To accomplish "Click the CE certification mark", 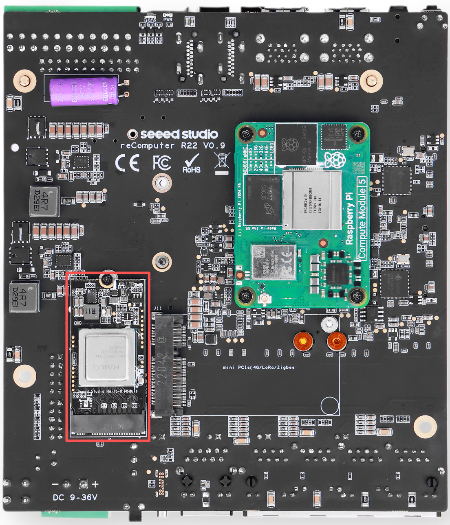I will [127, 163].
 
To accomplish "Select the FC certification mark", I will [161, 163].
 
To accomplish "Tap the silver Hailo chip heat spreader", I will [107, 357].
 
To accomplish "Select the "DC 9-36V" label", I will [75, 497].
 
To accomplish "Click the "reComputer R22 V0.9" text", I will [172, 146].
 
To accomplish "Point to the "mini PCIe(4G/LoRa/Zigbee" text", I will [258, 367].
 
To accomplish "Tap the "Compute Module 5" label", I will [362, 218].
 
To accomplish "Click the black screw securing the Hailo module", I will [108, 279].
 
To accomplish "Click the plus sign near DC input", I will [95, 484].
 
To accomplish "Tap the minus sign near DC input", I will [55, 484].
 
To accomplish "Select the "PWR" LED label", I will [168, 20].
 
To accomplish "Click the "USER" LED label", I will [150, 21].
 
